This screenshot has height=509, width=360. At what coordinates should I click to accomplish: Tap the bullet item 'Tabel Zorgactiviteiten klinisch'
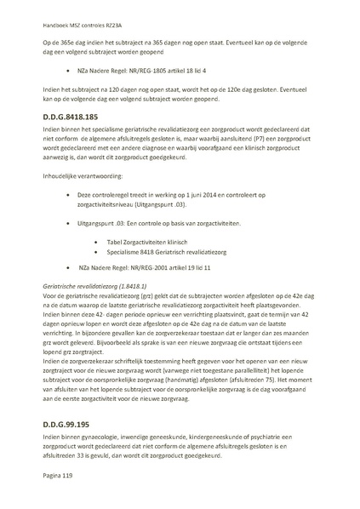[146, 243]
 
